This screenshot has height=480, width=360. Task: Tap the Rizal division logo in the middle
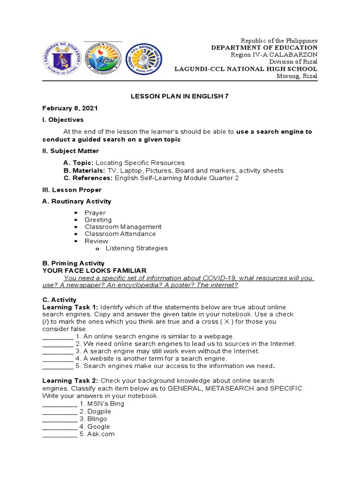[x=103, y=60]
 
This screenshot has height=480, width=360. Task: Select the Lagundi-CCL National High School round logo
[x=144, y=60]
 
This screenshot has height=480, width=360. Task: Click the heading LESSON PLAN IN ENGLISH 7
[x=180, y=96]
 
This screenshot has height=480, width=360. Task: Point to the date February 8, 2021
[x=70, y=108]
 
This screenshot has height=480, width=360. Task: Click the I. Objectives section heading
[x=63, y=120]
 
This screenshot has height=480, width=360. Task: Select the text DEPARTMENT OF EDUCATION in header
[x=264, y=48]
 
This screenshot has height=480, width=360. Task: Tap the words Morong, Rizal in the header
[x=297, y=76]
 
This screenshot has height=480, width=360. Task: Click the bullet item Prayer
[x=95, y=213]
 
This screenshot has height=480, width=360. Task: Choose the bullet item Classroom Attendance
[x=120, y=234]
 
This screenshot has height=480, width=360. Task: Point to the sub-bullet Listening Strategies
[x=136, y=248]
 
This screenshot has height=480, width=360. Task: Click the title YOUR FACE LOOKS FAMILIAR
[x=94, y=270]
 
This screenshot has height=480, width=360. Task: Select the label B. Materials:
[x=84, y=171]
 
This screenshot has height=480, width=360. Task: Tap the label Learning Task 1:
[x=70, y=307]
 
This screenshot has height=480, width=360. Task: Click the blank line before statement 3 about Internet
[x=58, y=351]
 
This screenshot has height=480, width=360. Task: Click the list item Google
[x=98, y=427]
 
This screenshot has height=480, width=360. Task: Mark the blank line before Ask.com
[x=60, y=434]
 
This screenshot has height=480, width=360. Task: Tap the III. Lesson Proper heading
[x=72, y=190]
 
